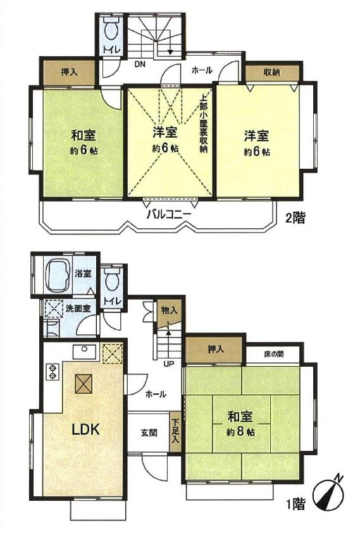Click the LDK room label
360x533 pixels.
84,429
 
